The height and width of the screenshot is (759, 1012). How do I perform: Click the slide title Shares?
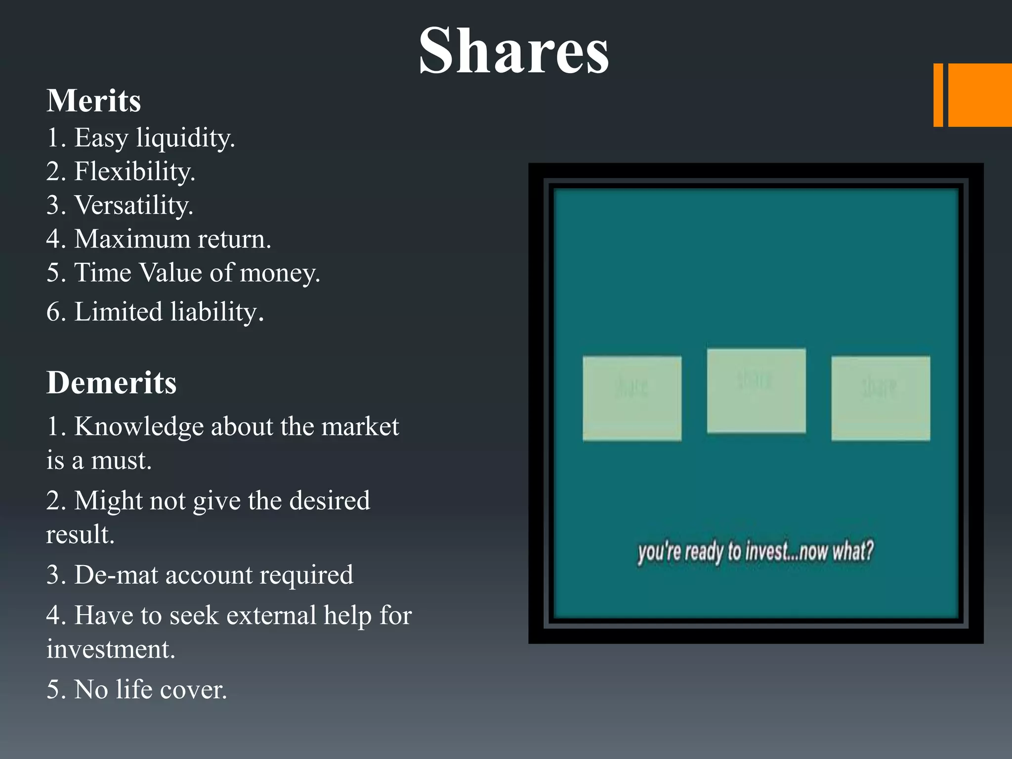[x=513, y=51]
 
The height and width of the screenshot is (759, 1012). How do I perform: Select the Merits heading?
[x=94, y=101]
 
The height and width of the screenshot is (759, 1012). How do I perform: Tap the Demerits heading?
[x=111, y=383]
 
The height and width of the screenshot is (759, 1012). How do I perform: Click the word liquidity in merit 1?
[x=185, y=138]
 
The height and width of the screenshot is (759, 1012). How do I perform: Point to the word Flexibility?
[x=134, y=172]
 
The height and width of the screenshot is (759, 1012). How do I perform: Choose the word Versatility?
[x=133, y=206]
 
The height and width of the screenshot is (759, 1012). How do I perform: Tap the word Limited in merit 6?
[x=118, y=312]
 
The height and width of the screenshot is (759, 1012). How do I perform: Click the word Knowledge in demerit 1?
[x=139, y=427]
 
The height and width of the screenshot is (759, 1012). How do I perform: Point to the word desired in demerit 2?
[x=329, y=501]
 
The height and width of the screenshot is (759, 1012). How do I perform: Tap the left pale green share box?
[x=632, y=398]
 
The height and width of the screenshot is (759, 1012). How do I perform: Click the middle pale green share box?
[x=756, y=391]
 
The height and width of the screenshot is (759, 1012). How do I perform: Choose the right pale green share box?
[x=881, y=398]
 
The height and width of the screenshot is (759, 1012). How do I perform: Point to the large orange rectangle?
[x=980, y=95]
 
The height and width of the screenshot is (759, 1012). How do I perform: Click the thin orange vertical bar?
[x=938, y=95]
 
